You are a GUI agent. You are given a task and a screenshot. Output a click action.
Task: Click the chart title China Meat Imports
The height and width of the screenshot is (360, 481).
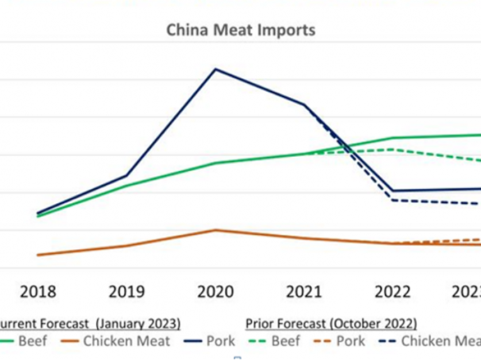click(241, 30)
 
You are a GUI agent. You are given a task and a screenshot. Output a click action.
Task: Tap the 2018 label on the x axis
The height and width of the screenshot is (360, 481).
click(39, 292)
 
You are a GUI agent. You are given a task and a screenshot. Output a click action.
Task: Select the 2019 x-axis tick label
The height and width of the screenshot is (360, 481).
click(127, 292)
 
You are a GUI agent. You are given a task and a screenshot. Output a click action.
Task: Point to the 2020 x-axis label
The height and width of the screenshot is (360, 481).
click(216, 292)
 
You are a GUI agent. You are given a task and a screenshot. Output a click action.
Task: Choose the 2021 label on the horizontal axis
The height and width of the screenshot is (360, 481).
click(304, 292)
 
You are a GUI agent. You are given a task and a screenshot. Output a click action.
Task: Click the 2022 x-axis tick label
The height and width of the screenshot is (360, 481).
click(393, 292)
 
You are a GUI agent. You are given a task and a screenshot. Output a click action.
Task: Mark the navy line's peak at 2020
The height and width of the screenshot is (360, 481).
click(216, 69)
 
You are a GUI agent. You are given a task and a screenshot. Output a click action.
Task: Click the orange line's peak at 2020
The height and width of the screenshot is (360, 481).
click(216, 230)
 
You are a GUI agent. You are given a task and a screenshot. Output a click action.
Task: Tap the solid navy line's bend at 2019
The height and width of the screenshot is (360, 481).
click(127, 175)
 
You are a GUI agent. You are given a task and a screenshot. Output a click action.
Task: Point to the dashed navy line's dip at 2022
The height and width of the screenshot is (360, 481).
click(393, 200)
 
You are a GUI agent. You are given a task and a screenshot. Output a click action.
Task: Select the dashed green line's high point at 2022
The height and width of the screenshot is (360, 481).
click(393, 149)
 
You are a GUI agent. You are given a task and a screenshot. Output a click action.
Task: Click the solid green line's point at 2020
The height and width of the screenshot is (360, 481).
click(216, 163)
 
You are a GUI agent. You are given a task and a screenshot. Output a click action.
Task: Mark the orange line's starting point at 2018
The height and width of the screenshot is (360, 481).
click(39, 255)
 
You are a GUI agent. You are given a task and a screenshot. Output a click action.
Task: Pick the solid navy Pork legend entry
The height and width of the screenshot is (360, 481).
click(210, 341)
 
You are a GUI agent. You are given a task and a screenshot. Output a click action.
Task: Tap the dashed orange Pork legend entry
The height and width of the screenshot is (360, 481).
click(338, 341)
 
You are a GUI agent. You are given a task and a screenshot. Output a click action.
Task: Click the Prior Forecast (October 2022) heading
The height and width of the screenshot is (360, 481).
click(332, 324)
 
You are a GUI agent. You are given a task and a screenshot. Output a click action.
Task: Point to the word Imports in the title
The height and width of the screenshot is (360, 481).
click(286, 30)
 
